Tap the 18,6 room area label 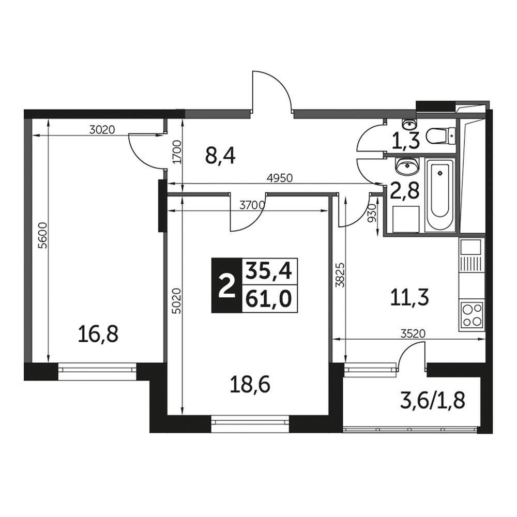point(250,385)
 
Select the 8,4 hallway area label point(220,156)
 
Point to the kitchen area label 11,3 point(409,297)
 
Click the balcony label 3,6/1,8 point(432,401)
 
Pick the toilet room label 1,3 point(405,141)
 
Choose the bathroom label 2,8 point(405,191)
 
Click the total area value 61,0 point(269,299)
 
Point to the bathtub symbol point(440,196)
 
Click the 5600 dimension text point(43,235)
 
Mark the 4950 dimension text point(280,178)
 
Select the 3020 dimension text point(102,130)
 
